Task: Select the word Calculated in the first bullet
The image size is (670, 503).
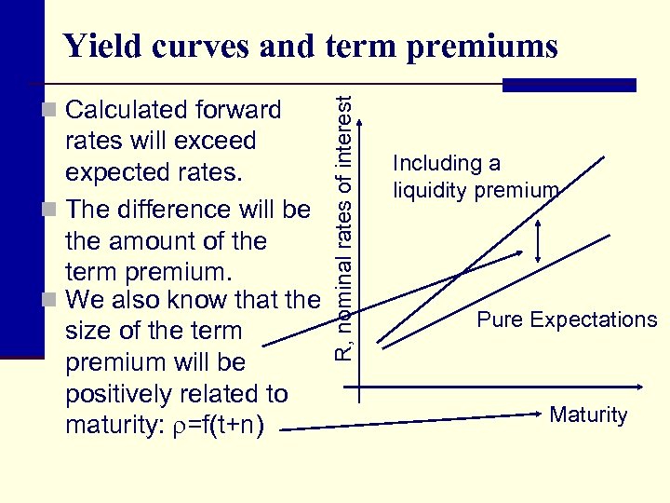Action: pos(127,110)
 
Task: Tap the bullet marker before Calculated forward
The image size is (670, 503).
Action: pos(51,111)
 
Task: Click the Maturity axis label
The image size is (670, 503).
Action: pos(588,415)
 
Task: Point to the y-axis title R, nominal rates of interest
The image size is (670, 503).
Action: pos(345,228)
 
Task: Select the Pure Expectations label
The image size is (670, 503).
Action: pos(567,319)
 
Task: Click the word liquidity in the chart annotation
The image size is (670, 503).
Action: pos(430,191)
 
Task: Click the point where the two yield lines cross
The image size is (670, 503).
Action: pos(462,272)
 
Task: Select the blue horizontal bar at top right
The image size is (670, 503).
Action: pos(569,85)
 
